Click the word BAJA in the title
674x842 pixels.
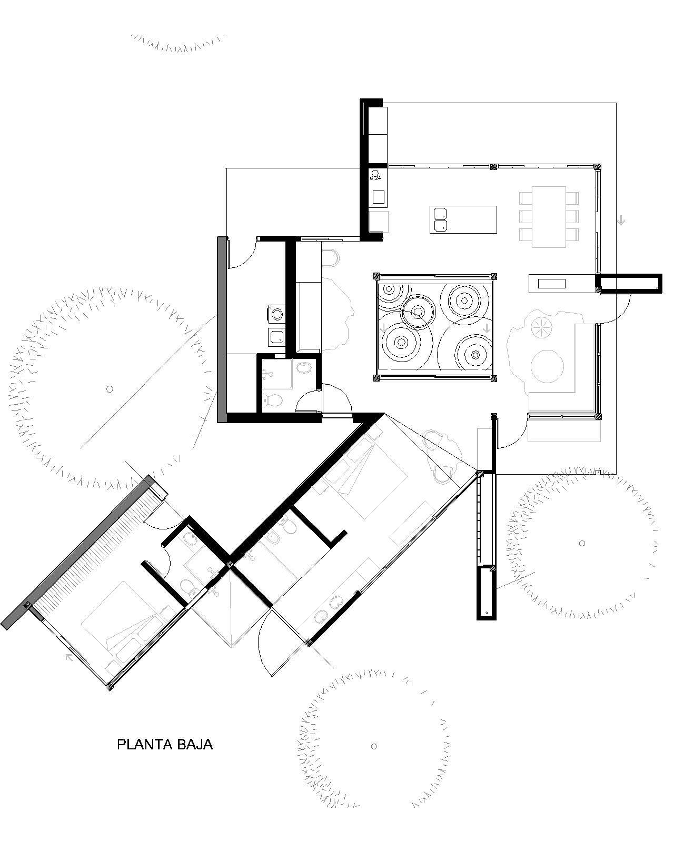pyautogui.click(x=195, y=744)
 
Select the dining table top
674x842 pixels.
pyautogui.click(x=549, y=217)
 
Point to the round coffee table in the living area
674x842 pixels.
pyautogui.click(x=547, y=366)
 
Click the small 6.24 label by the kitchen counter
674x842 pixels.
pyautogui.click(x=375, y=178)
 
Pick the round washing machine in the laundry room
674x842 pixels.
pyautogui.click(x=277, y=314)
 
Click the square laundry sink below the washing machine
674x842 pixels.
pyautogui.click(x=277, y=337)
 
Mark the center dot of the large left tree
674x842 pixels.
pyautogui.click(x=110, y=389)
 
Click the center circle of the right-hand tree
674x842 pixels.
pyautogui.click(x=582, y=543)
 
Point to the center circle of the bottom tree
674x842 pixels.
pyautogui.click(x=374, y=746)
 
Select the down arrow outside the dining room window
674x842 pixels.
pyautogui.click(x=621, y=220)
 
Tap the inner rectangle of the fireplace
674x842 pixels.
pyautogui.click(x=551, y=283)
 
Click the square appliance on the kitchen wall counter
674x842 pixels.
pyautogui.click(x=378, y=197)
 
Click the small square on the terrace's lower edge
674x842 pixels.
pyautogui.click(x=598, y=472)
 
